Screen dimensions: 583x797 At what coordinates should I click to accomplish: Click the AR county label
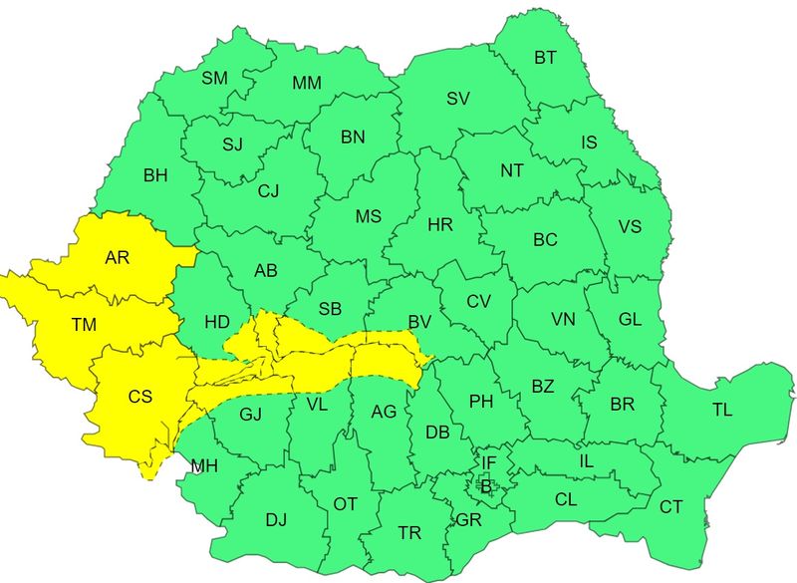pyautogui.click(x=118, y=258)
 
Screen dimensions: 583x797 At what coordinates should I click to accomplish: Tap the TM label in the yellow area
pyautogui.click(x=84, y=325)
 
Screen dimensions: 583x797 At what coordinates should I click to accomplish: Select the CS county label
pyautogui.click(x=140, y=396)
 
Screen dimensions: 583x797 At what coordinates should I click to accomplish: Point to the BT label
pyautogui.click(x=545, y=58)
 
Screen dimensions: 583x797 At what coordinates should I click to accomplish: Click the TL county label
pyautogui.click(x=721, y=410)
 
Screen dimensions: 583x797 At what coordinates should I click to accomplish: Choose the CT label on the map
pyautogui.click(x=670, y=507)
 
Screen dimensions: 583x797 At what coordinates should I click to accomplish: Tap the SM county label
pyautogui.click(x=214, y=78)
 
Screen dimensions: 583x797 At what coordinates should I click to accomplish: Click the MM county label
pyautogui.click(x=306, y=84)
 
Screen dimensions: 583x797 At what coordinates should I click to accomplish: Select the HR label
pyautogui.click(x=440, y=225)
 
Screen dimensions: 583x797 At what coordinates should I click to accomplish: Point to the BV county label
pyautogui.click(x=419, y=321)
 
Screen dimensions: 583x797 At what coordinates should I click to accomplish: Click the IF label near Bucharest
pyautogui.click(x=488, y=462)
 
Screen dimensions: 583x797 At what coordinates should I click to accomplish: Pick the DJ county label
pyautogui.click(x=276, y=519)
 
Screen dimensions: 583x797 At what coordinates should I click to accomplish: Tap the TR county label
pyautogui.click(x=409, y=533)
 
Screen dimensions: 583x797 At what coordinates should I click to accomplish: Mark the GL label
pyautogui.click(x=630, y=319)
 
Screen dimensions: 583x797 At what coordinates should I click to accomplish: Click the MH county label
pyautogui.click(x=204, y=465)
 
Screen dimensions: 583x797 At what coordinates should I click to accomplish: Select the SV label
pyautogui.click(x=457, y=98)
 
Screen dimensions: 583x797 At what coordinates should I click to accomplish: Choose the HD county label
pyautogui.click(x=217, y=322)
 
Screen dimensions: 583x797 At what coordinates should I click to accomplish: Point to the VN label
pyautogui.click(x=564, y=320)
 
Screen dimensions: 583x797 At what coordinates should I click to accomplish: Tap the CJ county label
pyautogui.click(x=269, y=191)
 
